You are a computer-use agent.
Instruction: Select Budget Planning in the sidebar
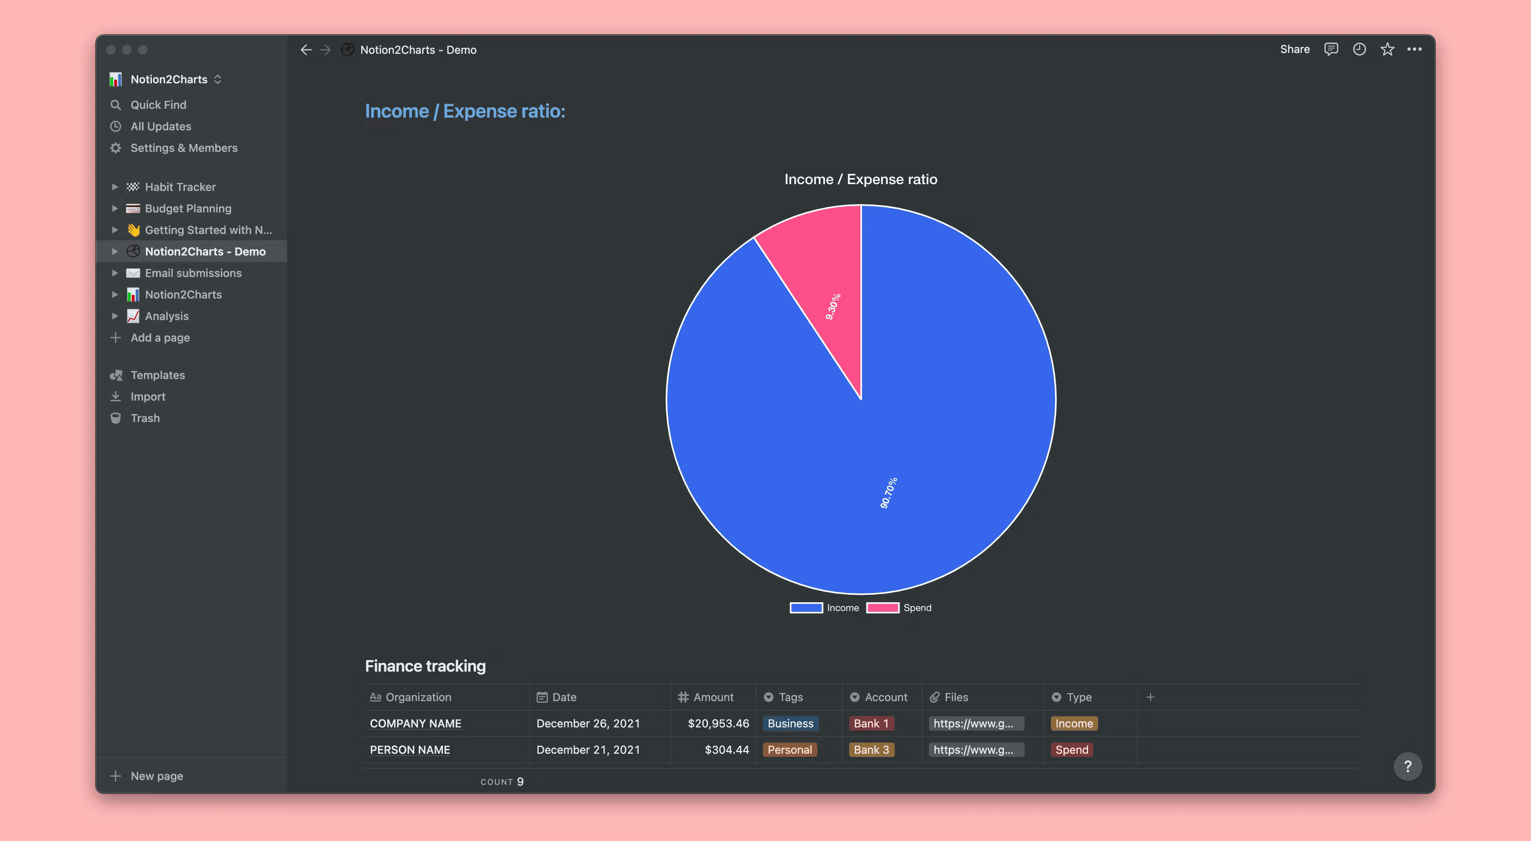click(188, 208)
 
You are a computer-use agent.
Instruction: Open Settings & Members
click(184, 148)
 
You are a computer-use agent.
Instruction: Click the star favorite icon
click(1387, 49)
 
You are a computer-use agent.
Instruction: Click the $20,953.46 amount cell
click(718, 723)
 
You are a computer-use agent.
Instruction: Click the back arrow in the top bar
click(306, 50)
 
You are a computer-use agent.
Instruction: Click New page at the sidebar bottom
click(156, 776)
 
